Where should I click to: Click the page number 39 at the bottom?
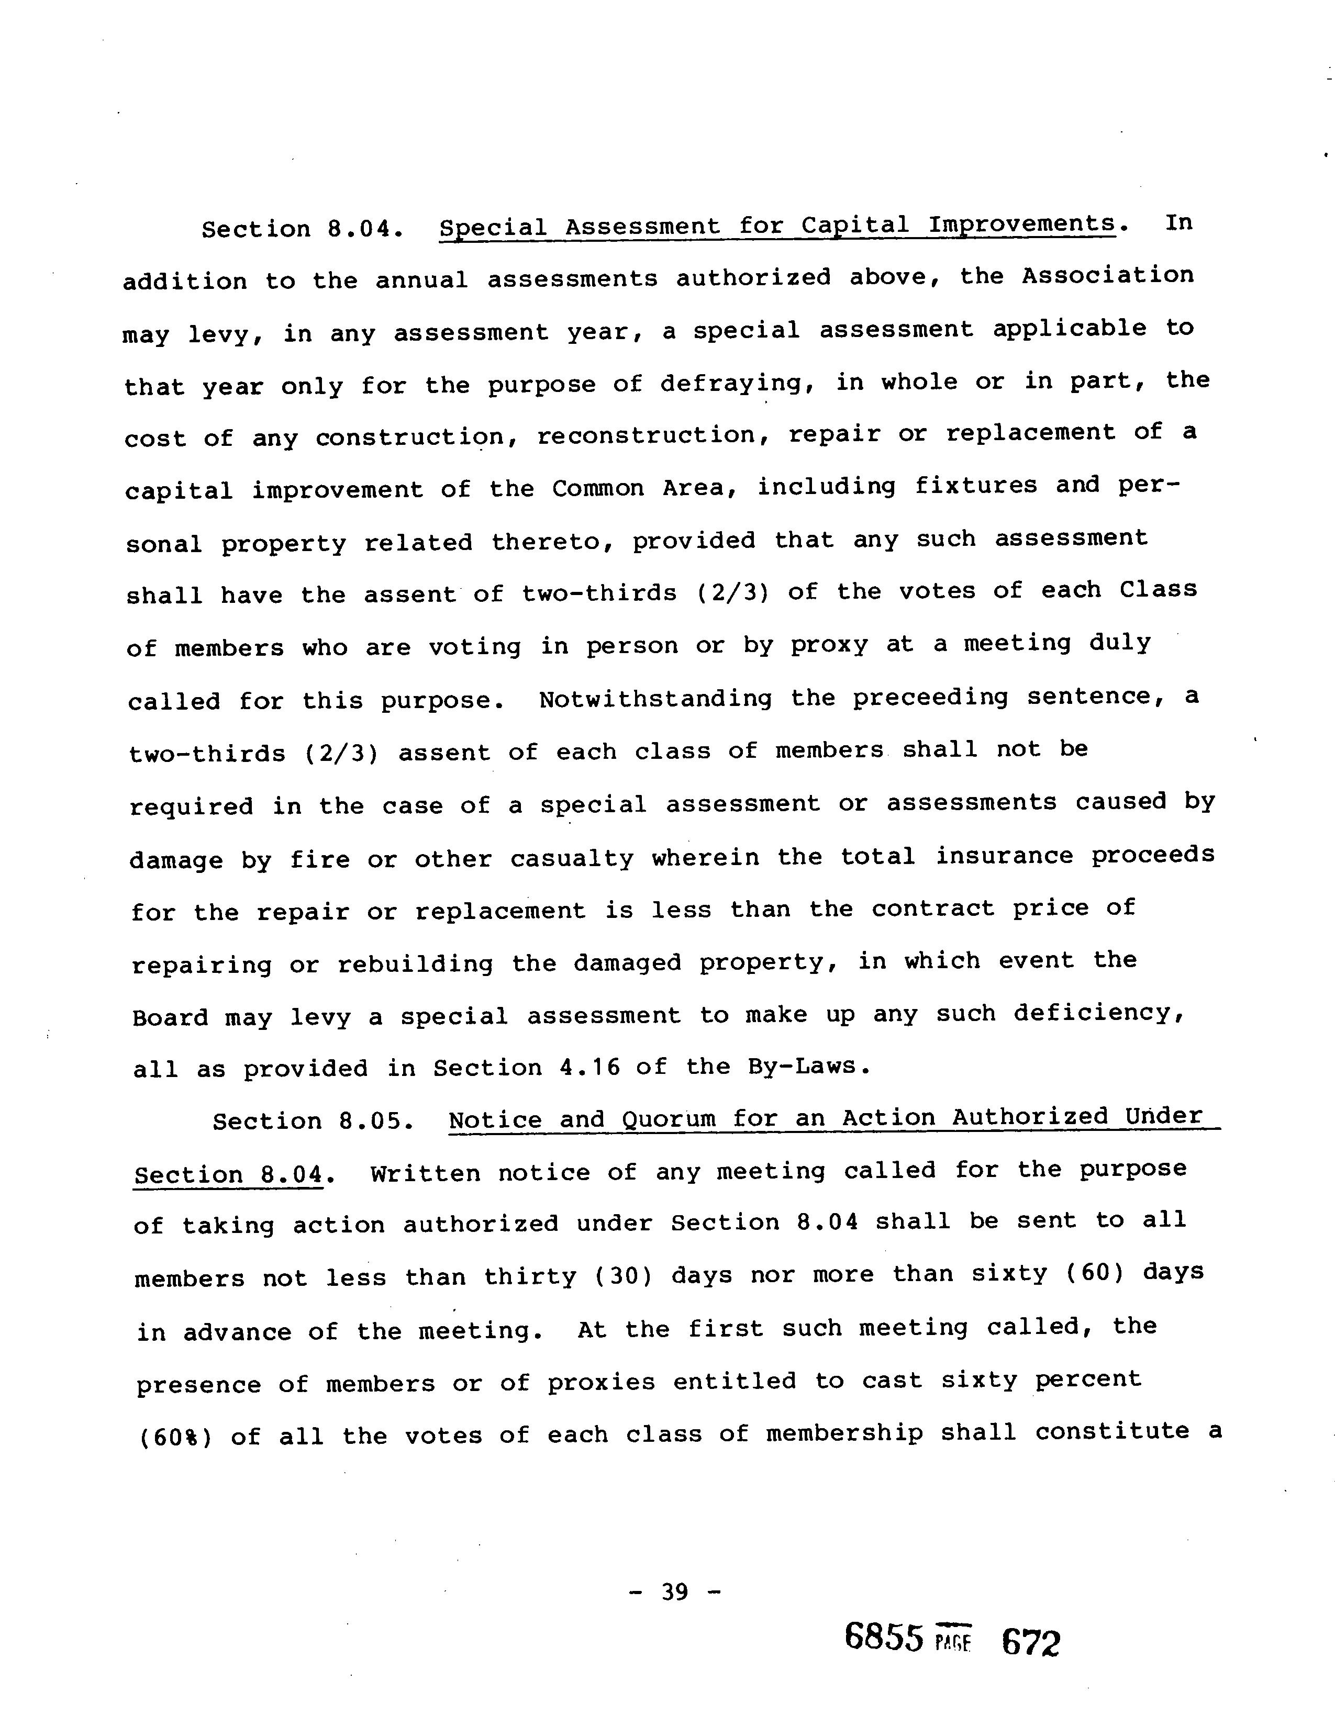point(675,1591)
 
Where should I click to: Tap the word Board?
point(170,1017)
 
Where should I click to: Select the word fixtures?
point(975,486)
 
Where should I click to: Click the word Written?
point(425,1173)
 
